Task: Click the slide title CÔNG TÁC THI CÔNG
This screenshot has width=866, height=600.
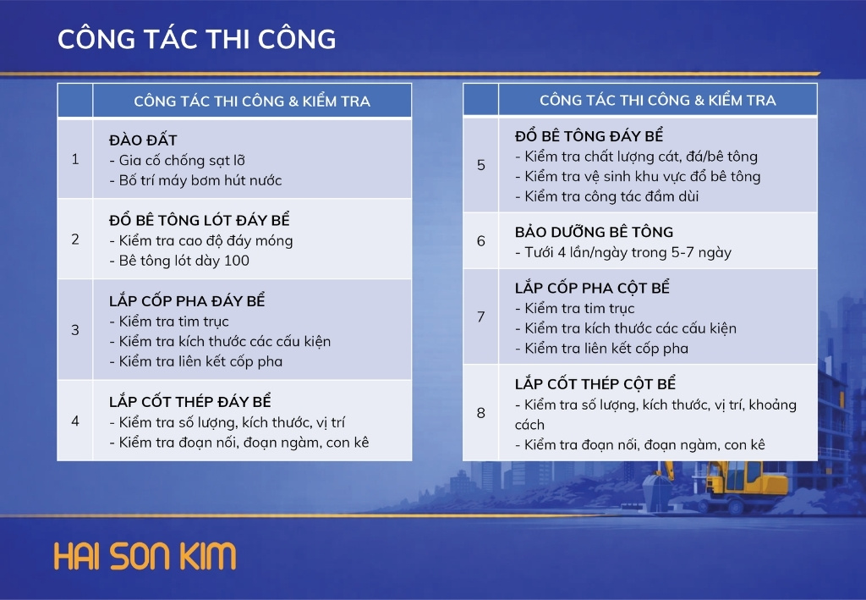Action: (x=196, y=39)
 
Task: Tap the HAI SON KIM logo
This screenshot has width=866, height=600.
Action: (x=145, y=556)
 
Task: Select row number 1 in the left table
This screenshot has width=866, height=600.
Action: (x=75, y=160)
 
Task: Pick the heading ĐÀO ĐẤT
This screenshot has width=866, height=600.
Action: (x=143, y=140)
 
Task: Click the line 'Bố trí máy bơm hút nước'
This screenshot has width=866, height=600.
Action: (x=195, y=180)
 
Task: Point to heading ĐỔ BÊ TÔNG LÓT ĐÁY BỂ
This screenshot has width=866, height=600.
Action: (x=200, y=219)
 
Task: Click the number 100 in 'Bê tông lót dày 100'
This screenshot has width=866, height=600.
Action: (x=237, y=260)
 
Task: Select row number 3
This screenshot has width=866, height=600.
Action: (x=75, y=330)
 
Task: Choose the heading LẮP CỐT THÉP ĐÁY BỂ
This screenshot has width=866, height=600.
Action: (x=190, y=401)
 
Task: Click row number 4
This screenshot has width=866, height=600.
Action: (x=75, y=421)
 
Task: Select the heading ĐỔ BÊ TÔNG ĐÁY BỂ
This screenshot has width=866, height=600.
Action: (x=589, y=135)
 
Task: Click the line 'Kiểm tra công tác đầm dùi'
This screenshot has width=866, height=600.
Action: (x=607, y=196)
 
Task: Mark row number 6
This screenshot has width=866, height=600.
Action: (x=481, y=241)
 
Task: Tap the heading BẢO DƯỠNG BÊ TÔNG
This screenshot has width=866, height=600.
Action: (x=595, y=232)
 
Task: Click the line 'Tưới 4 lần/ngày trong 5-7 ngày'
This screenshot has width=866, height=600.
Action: (x=623, y=252)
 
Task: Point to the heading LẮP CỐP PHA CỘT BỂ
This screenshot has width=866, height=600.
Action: (x=592, y=287)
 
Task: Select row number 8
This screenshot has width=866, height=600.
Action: (x=481, y=413)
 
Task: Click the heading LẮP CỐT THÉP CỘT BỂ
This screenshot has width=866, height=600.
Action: (x=595, y=383)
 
